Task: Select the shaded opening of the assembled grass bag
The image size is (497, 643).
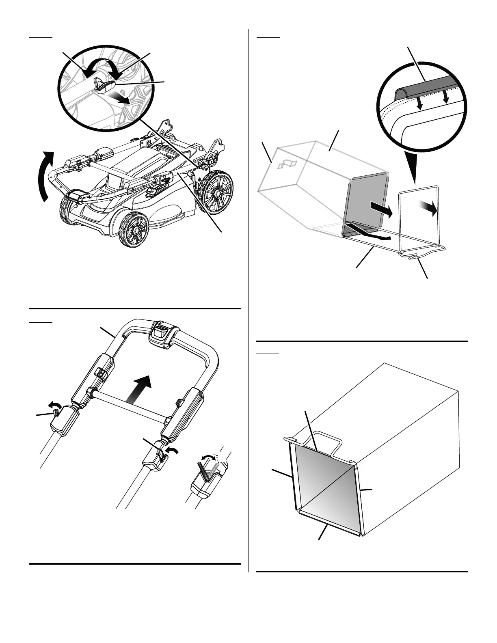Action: [325, 487]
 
